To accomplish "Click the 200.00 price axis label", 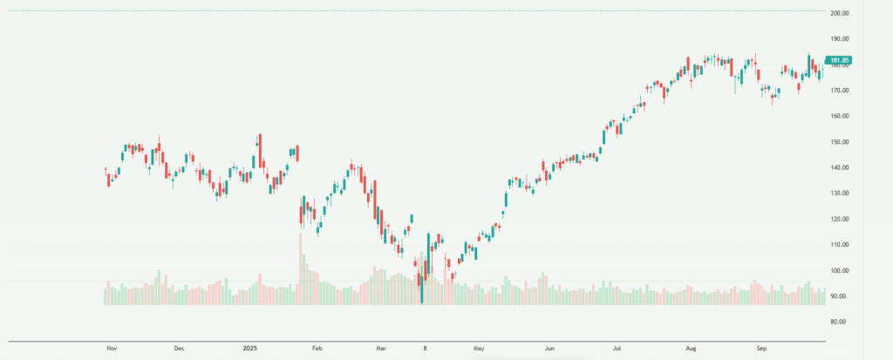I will pos(841,14).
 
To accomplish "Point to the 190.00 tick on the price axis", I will pos(841,39).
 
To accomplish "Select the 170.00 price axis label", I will pos(841,91).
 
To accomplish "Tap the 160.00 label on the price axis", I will pos(841,116).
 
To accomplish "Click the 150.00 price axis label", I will pos(841,142).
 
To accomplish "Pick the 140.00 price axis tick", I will pos(841,167).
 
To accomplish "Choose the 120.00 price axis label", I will pos(841,219).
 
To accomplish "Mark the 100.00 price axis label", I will pos(841,271).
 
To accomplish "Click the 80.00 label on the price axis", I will pos(841,322).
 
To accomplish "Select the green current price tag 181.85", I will pos(840,60).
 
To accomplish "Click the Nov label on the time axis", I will pos(112,348).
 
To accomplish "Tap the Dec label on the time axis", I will pos(179,348).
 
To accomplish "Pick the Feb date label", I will pos(317,348).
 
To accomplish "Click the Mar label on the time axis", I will pos(382,348).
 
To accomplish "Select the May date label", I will pos(479,348).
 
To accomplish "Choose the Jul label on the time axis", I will pos(617,348).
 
